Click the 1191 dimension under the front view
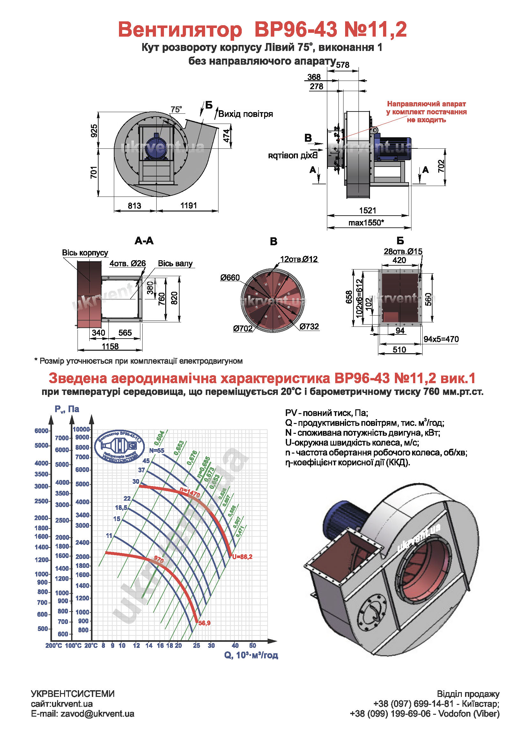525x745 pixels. click(x=189, y=205)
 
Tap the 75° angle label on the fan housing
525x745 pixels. click(x=176, y=110)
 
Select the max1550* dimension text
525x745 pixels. click(x=366, y=223)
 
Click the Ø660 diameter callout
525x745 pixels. click(x=230, y=277)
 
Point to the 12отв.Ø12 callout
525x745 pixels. click(x=299, y=259)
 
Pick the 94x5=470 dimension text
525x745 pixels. click(x=441, y=340)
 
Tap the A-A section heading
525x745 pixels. click(x=144, y=241)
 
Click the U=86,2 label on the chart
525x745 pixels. click(x=242, y=557)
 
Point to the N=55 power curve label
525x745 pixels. click(x=157, y=450)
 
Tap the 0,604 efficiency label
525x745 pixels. click(x=159, y=438)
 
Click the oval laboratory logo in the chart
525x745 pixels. click(x=120, y=447)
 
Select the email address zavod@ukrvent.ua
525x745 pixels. click(x=97, y=713)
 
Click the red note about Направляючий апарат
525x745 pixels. click(x=426, y=111)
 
